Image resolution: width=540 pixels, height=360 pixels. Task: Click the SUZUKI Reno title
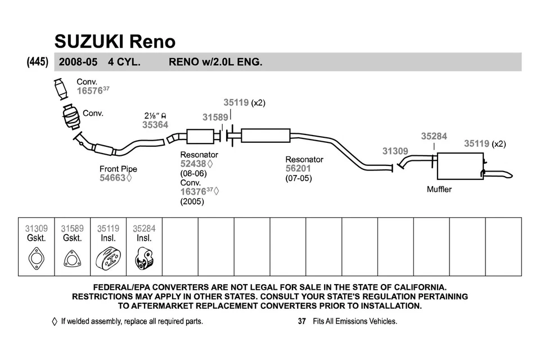click(114, 41)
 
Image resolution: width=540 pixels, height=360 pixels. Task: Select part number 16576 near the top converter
click(89, 90)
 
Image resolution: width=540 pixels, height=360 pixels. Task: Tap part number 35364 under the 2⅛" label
click(155, 125)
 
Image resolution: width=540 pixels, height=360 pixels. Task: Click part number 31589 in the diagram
click(215, 117)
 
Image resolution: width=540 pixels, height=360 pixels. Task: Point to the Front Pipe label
click(118, 169)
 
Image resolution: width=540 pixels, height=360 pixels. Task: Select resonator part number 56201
click(298, 169)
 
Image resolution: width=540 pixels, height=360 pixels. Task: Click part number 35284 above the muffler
click(434, 136)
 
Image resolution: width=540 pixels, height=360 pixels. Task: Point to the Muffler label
click(439, 190)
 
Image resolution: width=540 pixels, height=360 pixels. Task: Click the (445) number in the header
click(37, 62)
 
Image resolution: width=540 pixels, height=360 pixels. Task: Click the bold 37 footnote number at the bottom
click(301, 322)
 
